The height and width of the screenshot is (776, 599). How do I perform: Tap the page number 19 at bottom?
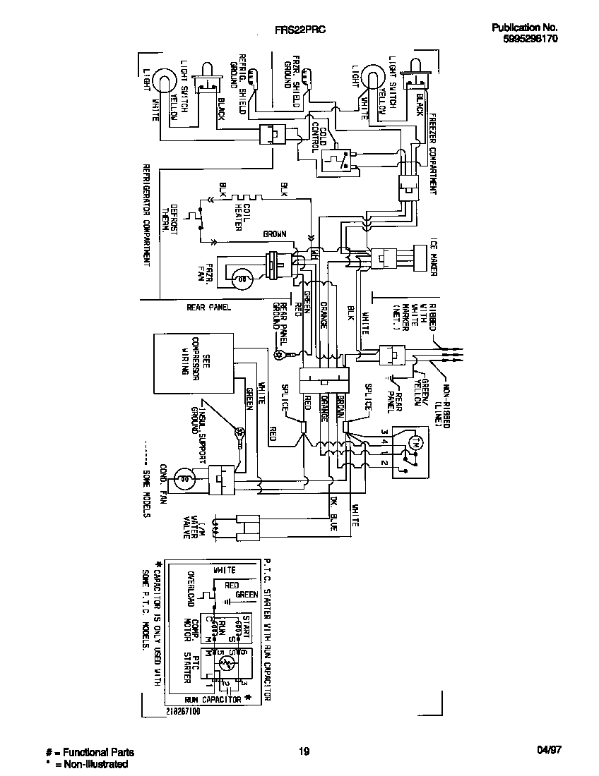(304, 751)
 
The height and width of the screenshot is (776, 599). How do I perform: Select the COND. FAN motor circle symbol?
(186, 479)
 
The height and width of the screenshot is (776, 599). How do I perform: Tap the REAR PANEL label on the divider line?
(208, 307)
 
